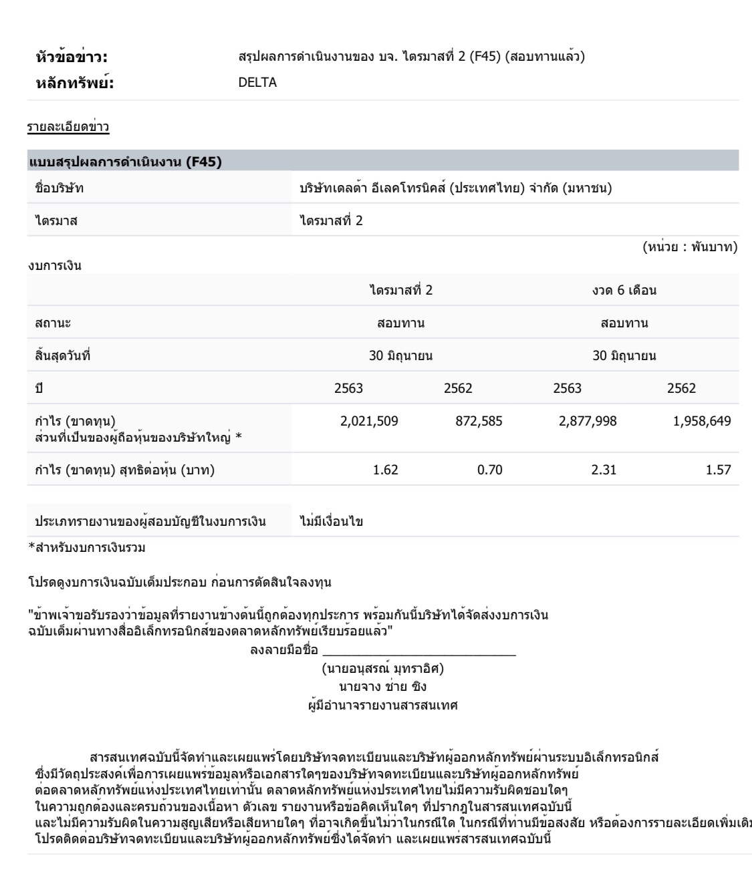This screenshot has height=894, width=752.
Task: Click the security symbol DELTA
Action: tap(257, 83)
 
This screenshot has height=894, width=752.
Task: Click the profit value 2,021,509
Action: tap(369, 421)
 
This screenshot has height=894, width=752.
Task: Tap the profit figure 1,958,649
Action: tap(701, 421)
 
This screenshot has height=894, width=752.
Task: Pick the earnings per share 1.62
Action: tap(386, 470)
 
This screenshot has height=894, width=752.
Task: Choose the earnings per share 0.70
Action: tap(490, 470)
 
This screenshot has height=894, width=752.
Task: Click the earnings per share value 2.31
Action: tap(604, 470)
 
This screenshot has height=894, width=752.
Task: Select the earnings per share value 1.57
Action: tap(719, 470)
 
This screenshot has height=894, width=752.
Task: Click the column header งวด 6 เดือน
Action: tap(624, 291)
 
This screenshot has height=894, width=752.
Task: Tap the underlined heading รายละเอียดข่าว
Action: tap(68, 127)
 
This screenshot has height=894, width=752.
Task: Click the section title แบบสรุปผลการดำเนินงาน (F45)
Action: tap(125, 162)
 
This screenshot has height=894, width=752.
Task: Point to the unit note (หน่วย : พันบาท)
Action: tap(690, 247)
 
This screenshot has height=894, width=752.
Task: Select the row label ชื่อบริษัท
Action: tap(59, 188)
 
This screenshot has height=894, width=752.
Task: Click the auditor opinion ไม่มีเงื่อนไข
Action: tap(332, 521)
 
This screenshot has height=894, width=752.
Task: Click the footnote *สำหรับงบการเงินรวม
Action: tap(87, 548)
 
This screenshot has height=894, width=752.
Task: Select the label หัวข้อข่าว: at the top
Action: tap(72, 57)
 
